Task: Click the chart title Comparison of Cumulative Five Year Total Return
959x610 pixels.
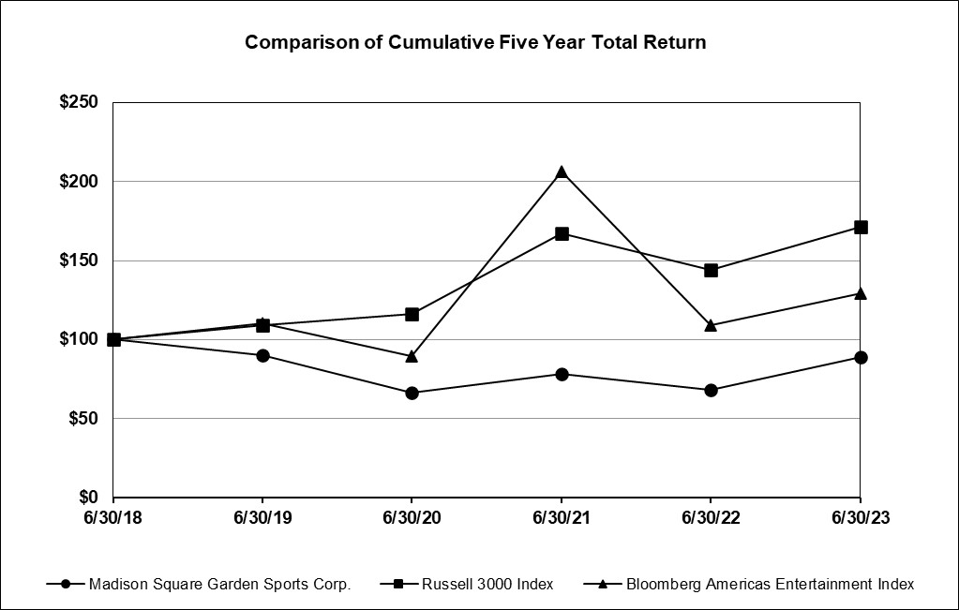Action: click(x=475, y=42)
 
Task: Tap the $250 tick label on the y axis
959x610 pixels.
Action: click(x=79, y=102)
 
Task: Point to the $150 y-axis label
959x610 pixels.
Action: click(x=79, y=260)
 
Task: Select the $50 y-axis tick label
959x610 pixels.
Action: click(x=83, y=418)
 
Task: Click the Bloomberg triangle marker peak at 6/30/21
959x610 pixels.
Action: click(x=562, y=171)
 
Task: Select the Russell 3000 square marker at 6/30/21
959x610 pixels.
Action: click(x=562, y=233)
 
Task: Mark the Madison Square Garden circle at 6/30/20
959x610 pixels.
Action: click(x=412, y=393)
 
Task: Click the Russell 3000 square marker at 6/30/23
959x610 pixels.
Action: click(x=861, y=227)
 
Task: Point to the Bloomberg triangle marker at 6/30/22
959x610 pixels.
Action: click(x=711, y=325)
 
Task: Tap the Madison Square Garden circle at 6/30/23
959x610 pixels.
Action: click(x=861, y=357)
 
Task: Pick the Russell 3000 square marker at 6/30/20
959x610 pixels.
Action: click(x=412, y=314)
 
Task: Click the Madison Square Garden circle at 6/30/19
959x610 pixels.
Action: click(x=262, y=355)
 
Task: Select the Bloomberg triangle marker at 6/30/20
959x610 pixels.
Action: click(x=412, y=356)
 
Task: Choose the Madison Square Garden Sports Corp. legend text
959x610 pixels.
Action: click(x=219, y=584)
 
